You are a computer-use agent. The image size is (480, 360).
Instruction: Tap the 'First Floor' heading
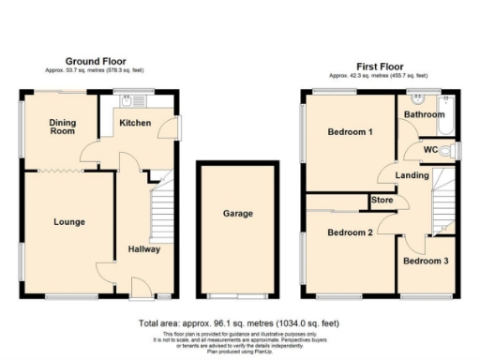click(x=380, y=67)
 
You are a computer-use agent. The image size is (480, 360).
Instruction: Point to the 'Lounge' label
click(x=69, y=222)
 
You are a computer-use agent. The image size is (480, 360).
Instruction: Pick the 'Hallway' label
click(x=144, y=249)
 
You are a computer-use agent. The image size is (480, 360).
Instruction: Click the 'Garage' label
click(x=237, y=214)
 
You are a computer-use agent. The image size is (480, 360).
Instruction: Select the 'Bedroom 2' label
click(x=351, y=232)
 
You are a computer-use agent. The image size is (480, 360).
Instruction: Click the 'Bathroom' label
click(x=423, y=114)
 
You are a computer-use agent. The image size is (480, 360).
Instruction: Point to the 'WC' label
click(x=430, y=149)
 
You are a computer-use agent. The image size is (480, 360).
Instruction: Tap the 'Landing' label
click(x=412, y=174)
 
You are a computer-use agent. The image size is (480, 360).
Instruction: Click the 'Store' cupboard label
click(x=381, y=199)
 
